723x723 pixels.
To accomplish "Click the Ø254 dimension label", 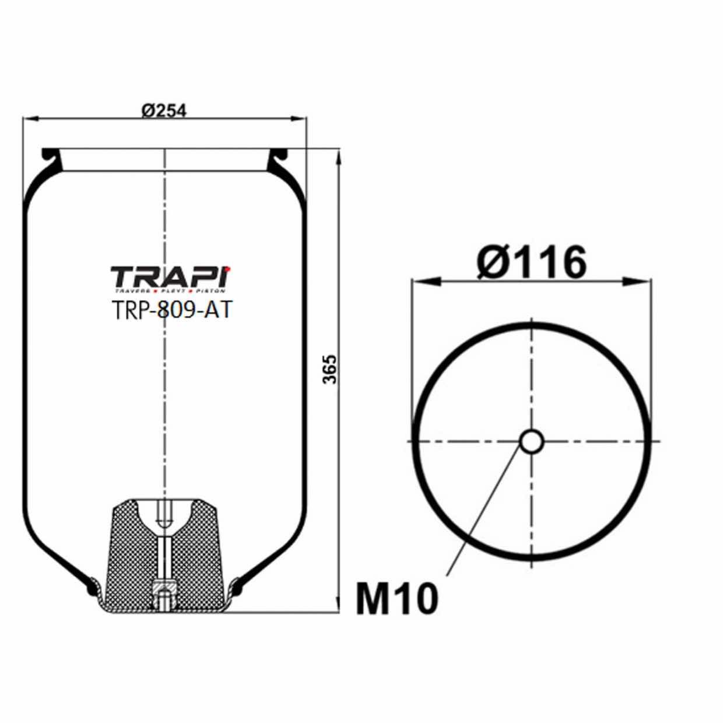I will tap(164, 109).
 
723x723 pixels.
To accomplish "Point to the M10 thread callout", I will tap(396, 599).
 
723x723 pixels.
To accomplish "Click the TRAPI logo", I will tap(170, 276).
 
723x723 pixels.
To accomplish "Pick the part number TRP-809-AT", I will tap(170, 310).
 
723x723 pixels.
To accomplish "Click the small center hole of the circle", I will tap(531, 441).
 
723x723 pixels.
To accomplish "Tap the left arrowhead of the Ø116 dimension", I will tap(424, 281).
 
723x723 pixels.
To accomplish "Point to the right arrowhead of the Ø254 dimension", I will tap(299, 119).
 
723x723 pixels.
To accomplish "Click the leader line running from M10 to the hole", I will tap(484, 513).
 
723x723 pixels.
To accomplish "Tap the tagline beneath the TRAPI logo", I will tap(170, 290).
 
